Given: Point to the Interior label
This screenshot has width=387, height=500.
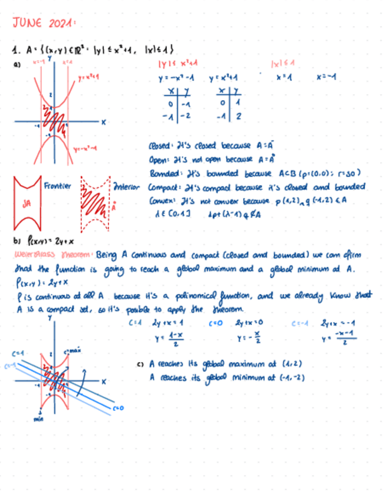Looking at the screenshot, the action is pyautogui.click(x=126, y=187).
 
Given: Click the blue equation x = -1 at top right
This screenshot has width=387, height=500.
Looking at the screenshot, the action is pyautogui.click(x=326, y=78).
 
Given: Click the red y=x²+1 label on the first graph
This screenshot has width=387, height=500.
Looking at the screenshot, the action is pyautogui.click(x=88, y=77).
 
